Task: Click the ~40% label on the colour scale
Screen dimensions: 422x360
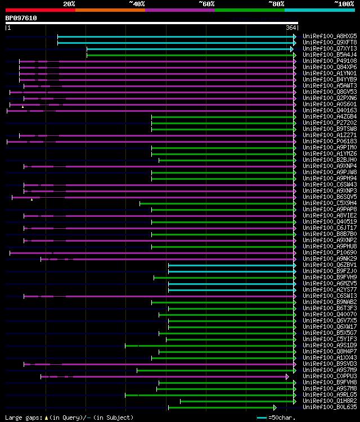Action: (x=137, y=4)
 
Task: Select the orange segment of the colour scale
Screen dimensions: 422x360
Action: (x=110, y=10)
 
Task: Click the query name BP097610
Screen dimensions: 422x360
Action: (x=21, y=18)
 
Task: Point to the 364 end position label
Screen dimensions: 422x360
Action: (x=291, y=28)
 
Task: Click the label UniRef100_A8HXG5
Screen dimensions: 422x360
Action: (x=322, y=36)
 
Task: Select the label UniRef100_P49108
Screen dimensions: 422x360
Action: (x=322, y=61)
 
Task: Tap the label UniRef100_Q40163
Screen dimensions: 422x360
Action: (x=322, y=110)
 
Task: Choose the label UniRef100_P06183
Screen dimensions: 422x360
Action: (x=322, y=141)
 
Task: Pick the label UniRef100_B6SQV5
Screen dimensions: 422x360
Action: (x=322, y=197)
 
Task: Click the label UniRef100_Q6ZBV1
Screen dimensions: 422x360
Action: (x=322, y=265)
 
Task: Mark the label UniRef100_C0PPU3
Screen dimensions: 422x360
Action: (x=322, y=376)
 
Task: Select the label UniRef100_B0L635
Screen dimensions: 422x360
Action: (x=322, y=407)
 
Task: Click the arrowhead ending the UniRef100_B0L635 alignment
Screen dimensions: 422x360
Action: (x=275, y=407)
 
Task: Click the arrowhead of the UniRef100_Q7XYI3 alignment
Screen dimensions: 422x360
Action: (x=292, y=49)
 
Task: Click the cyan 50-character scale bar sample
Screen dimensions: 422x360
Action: (x=262, y=418)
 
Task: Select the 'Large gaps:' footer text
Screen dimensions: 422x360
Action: (x=22, y=418)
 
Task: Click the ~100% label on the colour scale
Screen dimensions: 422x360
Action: (x=344, y=4)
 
